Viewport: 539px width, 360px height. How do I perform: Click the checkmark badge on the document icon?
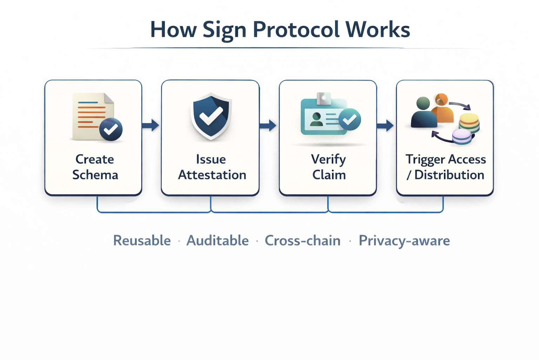click(111, 129)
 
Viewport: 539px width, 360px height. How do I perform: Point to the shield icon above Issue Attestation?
click(211, 116)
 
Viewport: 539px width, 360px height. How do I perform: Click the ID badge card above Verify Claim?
click(324, 114)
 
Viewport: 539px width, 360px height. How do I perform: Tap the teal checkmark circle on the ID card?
click(350, 120)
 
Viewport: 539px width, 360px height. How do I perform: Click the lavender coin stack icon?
click(462, 137)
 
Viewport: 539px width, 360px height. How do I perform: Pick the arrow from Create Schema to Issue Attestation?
click(151, 125)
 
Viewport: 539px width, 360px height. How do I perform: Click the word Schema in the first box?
click(95, 175)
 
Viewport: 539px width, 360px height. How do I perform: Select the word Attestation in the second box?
click(212, 175)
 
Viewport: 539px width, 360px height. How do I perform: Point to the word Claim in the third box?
click(329, 175)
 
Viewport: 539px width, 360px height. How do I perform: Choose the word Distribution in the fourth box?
click(449, 175)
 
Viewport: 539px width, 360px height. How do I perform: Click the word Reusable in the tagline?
click(142, 240)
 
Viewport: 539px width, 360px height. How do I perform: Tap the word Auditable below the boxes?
click(218, 240)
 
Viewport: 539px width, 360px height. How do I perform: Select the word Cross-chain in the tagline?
click(303, 240)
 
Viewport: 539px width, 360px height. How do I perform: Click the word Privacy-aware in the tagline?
click(404, 240)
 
